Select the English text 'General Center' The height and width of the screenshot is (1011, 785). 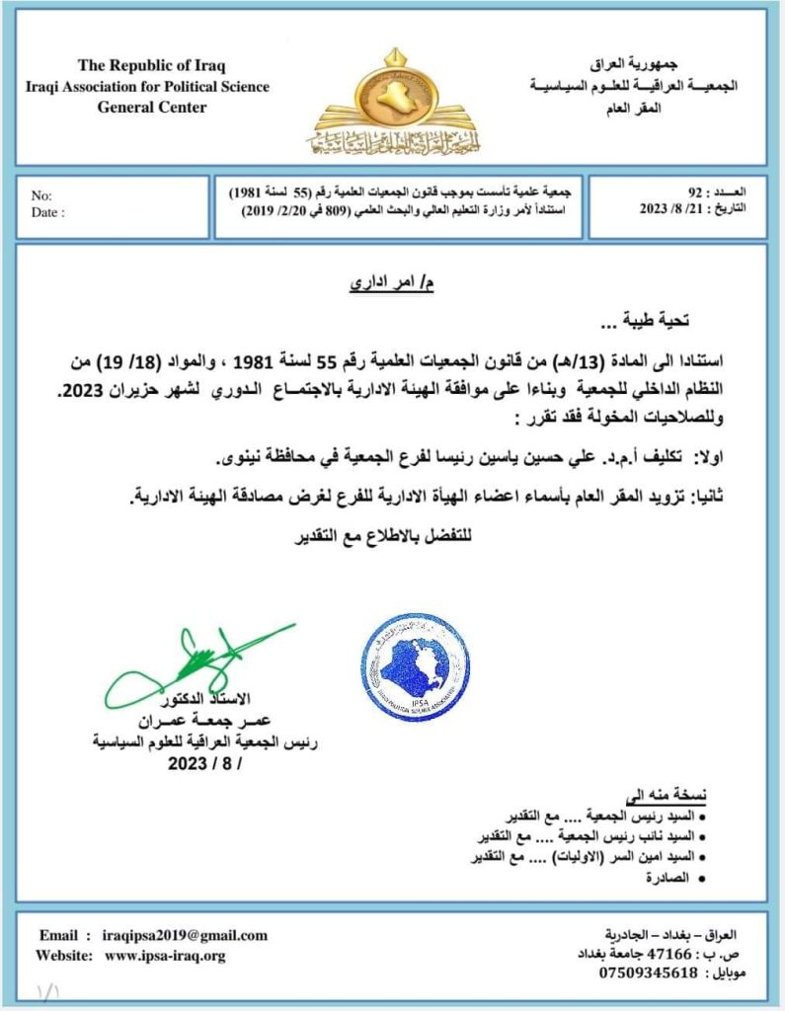click(x=152, y=107)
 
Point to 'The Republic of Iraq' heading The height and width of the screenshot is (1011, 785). click(x=152, y=66)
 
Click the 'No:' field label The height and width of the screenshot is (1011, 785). click(x=41, y=195)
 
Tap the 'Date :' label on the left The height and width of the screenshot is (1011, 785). click(x=47, y=211)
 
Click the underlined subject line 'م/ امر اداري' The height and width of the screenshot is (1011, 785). click(x=392, y=283)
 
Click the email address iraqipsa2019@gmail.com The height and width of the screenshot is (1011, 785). click(x=185, y=935)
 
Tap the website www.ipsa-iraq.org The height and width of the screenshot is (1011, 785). click(x=165, y=955)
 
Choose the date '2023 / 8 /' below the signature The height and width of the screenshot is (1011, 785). click(x=204, y=763)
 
